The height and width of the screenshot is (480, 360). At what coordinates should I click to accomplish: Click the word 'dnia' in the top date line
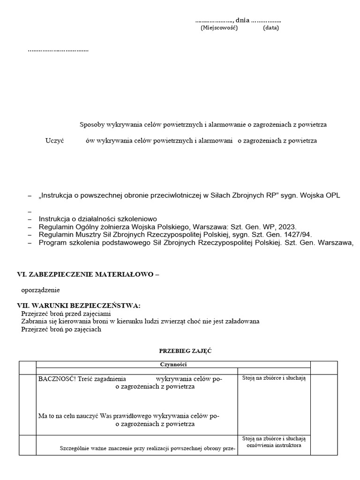[242, 20]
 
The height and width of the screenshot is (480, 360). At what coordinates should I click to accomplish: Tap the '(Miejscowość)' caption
[219, 28]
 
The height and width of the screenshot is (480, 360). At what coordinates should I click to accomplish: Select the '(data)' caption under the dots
[271, 28]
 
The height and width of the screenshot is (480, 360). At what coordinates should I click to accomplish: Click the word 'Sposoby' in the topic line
[92, 125]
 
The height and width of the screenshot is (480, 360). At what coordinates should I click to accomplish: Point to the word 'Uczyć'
[54, 141]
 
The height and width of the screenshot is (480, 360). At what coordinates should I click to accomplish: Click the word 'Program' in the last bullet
[53, 242]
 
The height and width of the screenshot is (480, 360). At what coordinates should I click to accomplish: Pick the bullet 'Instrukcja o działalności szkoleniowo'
[97, 218]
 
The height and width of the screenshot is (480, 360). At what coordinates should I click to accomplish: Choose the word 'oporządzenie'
[40, 290]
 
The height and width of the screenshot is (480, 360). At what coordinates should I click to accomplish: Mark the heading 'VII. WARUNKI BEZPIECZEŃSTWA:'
[79, 306]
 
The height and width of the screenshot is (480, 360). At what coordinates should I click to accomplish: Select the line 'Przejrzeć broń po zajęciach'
[61, 329]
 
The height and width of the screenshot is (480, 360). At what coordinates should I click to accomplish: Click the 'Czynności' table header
[173, 364]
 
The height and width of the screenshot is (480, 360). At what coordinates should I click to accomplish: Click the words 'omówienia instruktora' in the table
[274, 445]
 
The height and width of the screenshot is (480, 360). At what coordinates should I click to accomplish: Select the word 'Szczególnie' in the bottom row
[75, 448]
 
